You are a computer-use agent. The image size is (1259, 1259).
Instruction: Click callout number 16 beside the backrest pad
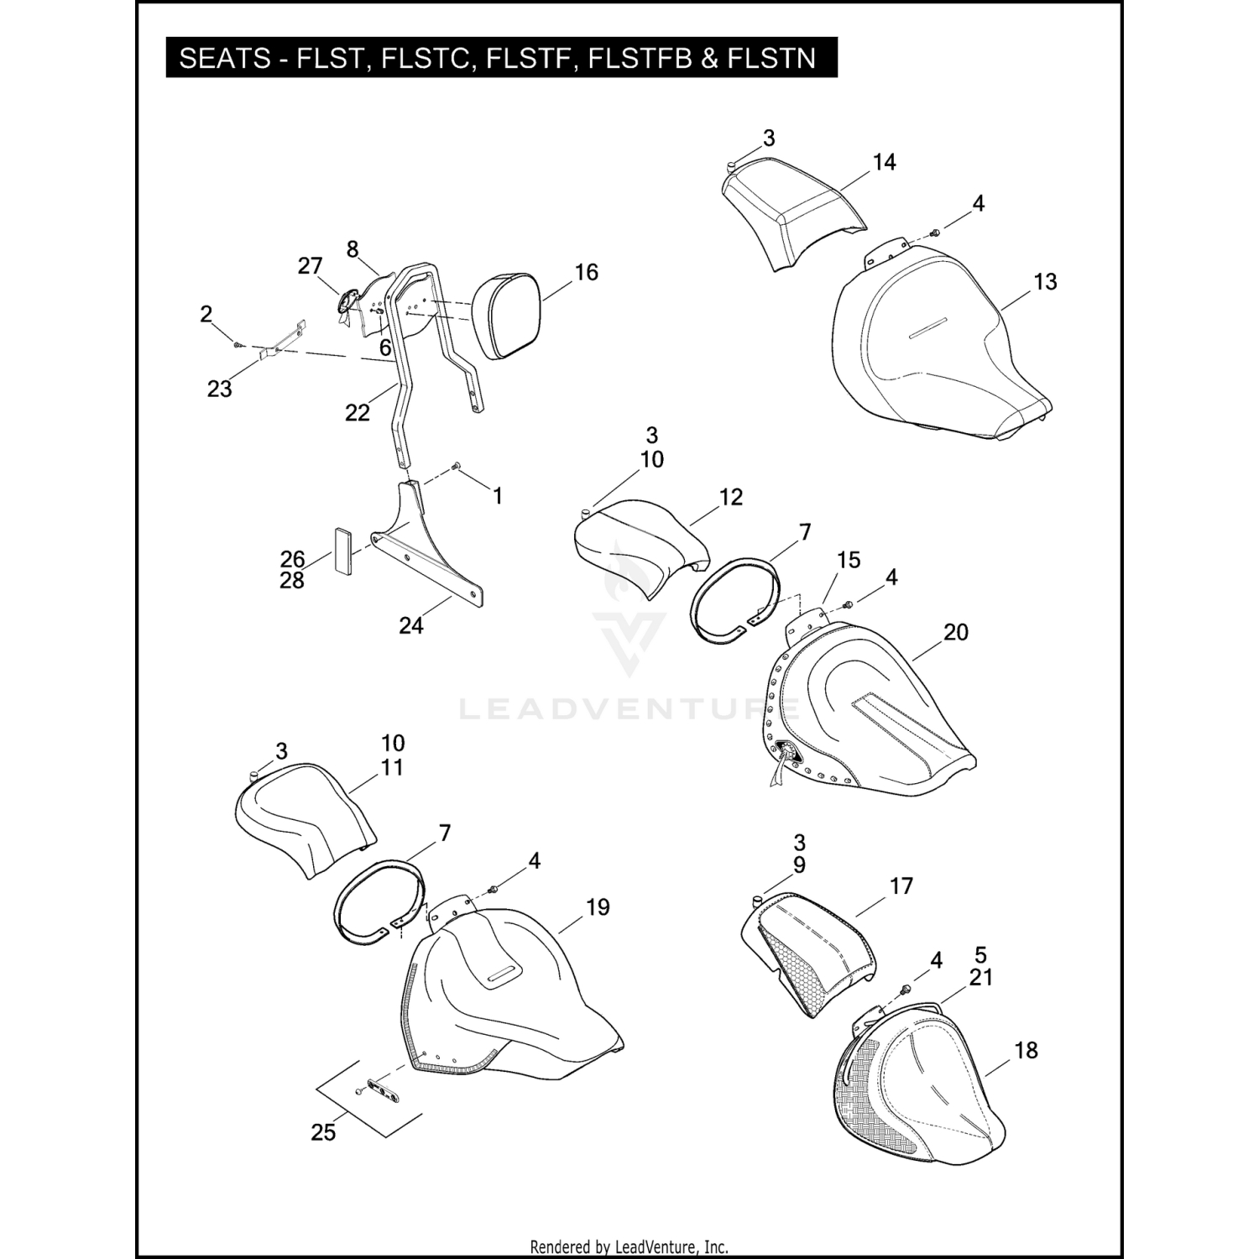pyautogui.click(x=586, y=272)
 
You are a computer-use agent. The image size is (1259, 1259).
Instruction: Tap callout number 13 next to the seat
pyautogui.click(x=1045, y=282)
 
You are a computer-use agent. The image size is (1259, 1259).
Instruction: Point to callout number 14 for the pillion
pyautogui.click(x=884, y=162)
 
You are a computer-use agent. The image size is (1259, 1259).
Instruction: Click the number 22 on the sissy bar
pyautogui.click(x=357, y=413)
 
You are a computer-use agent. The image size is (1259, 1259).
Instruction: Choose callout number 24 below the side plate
pyautogui.click(x=410, y=624)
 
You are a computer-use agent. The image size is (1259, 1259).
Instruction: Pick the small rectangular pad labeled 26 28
pyautogui.click(x=343, y=550)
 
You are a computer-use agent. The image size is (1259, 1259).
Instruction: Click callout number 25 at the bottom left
pyautogui.click(x=323, y=1132)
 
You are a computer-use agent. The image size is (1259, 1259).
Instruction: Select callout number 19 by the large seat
pyautogui.click(x=598, y=907)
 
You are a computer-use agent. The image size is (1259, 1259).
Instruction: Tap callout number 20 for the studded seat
pyautogui.click(x=956, y=632)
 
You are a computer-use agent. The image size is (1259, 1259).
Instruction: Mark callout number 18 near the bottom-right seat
pyautogui.click(x=1026, y=1050)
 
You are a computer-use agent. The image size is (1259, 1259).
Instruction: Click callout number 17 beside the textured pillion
pyautogui.click(x=901, y=886)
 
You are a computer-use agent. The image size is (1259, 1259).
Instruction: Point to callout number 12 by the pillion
pyautogui.click(x=731, y=497)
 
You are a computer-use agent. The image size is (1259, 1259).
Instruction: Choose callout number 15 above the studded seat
pyautogui.click(x=849, y=560)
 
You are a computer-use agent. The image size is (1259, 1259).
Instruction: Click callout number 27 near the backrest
pyautogui.click(x=310, y=266)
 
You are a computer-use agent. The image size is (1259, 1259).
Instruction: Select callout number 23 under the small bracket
pyautogui.click(x=219, y=389)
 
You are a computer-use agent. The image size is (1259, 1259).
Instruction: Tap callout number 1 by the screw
pyautogui.click(x=497, y=496)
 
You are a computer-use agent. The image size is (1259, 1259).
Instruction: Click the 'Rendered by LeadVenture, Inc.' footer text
pyautogui.click(x=629, y=1247)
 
